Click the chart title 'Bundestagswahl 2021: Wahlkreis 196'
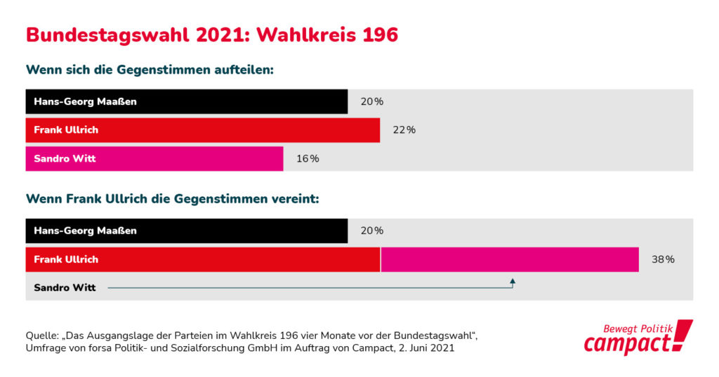point(211,34)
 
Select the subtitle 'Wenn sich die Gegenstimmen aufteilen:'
point(149,70)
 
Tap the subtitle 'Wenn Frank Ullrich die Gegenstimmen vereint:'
point(172,199)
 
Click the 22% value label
point(404,130)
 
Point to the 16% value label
point(308,159)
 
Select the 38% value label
point(663,260)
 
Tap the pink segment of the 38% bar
point(509,260)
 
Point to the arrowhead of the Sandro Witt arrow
point(513,281)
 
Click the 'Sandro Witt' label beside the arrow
point(65,288)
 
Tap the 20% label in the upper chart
point(371,101)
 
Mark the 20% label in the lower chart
point(371,231)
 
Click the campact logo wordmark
point(628,344)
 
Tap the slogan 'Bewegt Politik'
point(638,328)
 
